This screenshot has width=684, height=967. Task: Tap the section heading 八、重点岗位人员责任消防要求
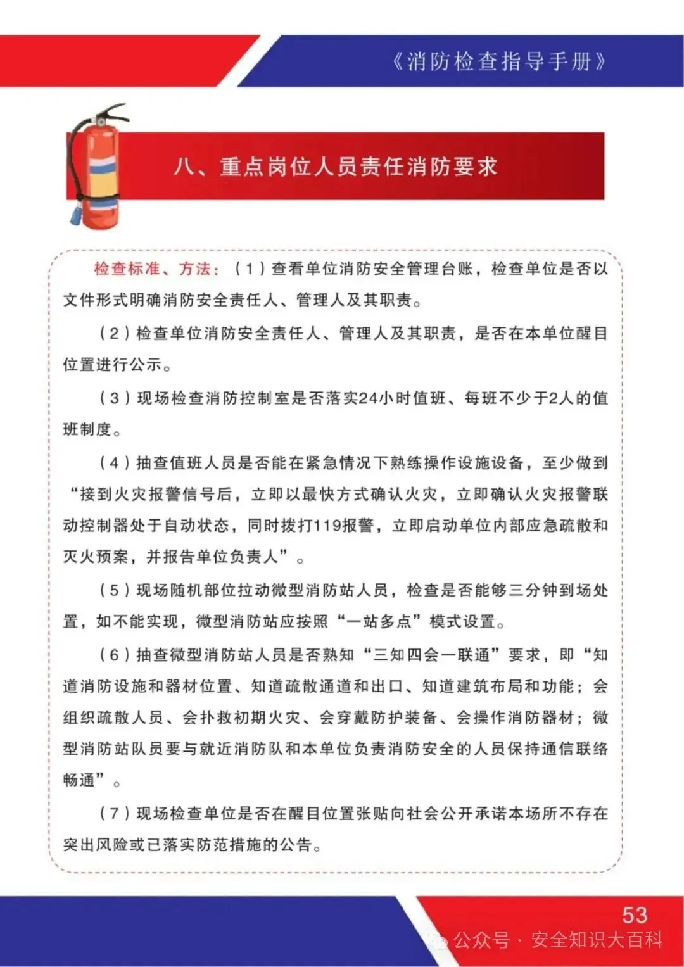336,167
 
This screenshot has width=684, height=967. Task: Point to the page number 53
635,914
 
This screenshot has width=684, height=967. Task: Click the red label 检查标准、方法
156,269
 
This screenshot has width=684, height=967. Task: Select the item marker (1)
250,269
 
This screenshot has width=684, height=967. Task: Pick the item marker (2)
115,333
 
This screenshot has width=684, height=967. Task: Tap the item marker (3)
115,398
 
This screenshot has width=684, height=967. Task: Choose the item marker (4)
115,462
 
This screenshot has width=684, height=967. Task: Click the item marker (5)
115,590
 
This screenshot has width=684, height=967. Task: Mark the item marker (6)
115,655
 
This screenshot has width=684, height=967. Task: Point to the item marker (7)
115,813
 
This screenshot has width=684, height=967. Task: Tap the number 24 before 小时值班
368,398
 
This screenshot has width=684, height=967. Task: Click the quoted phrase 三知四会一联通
431,655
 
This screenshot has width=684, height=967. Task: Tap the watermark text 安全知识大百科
596,940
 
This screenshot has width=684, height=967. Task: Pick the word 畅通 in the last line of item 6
79,780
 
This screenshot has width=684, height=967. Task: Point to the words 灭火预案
96,557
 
